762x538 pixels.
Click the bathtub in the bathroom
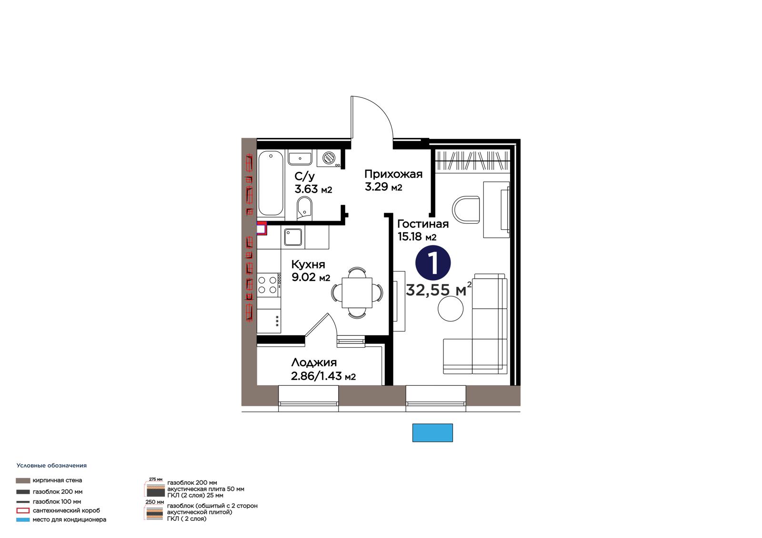(271, 184)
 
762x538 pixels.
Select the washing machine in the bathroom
(329, 158)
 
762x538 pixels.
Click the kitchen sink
(293, 237)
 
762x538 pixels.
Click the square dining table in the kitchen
(357, 293)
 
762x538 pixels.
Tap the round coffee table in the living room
(451, 309)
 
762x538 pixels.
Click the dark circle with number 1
(433, 263)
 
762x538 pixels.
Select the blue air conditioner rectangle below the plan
(432, 433)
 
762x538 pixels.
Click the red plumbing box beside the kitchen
(261, 228)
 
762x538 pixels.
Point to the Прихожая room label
(393, 174)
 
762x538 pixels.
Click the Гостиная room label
(423, 224)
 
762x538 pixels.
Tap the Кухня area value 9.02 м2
(311, 277)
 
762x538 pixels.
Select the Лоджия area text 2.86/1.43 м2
(323, 376)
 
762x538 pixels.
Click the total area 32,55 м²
(439, 290)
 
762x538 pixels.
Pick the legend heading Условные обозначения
(52, 466)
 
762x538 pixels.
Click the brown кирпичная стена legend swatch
(23, 480)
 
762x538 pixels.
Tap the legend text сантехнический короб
(66, 510)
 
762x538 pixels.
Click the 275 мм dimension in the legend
(155, 479)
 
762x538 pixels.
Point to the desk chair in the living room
(466, 209)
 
